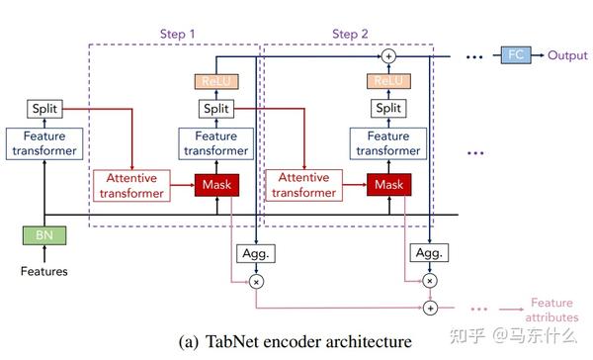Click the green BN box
click(x=46, y=236)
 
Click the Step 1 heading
click(x=178, y=33)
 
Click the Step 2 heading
click(x=350, y=33)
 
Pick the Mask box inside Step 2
click(x=388, y=183)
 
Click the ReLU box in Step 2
click(x=387, y=81)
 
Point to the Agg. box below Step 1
click(x=255, y=253)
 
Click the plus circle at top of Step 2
click(x=389, y=55)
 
